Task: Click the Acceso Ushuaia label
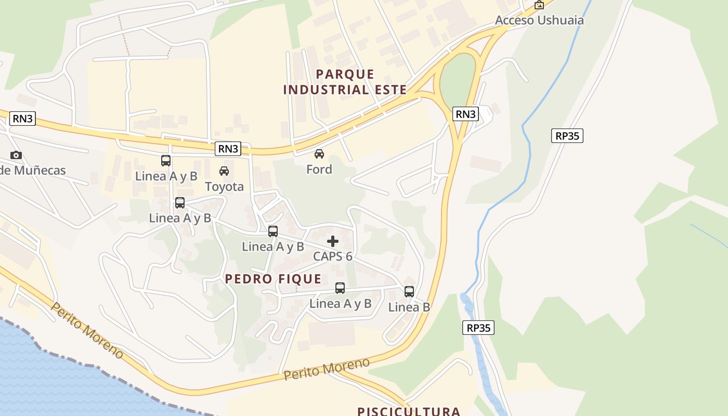[x=539, y=20]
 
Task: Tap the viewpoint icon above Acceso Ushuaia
[x=539, y=5]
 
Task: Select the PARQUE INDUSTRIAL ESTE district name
[x=345, y=82]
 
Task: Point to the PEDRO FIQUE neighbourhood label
[x=273, y=279]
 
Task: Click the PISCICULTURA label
[x=409, y=411]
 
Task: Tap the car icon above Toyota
[x=224, y=171]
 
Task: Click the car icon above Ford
[x=319, y=154]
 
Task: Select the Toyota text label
[x=224, y=187]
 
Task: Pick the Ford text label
[x=319, y=170]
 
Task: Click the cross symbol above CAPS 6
[x=333, y=241]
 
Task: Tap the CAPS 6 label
[x=333, y=256]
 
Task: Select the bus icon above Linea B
[x=409, y=292]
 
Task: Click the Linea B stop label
[x=409, y=307]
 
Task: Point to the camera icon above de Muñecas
[x=16, y=155]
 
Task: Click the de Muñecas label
[x=33, y=170]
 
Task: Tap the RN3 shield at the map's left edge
[x=23, y=119]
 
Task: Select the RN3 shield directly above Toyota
[x=228, y=149]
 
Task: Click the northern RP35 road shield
[x=567, y=136]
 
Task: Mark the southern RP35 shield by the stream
[x=478, y=328]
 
